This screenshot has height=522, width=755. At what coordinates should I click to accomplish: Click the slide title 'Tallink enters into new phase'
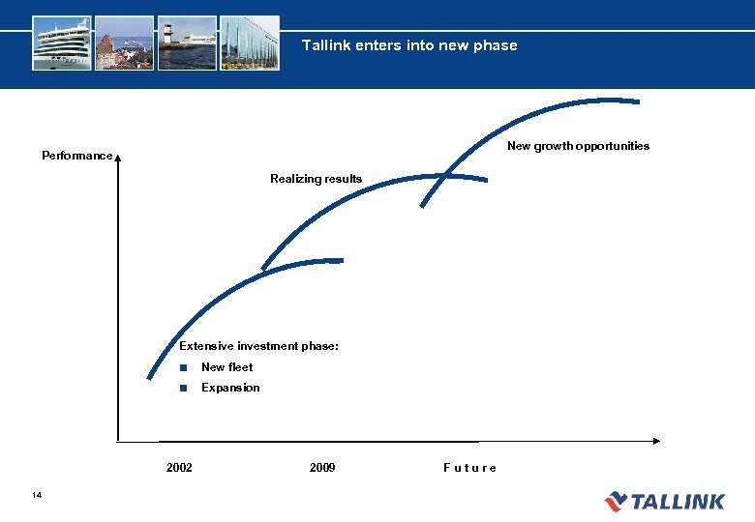pos(408,45)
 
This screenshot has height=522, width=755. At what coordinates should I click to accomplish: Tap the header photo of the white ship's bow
pos(62,43)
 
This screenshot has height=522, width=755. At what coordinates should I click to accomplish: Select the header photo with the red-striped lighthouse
pos(186,43)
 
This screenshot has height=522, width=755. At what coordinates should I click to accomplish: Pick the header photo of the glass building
pos(250,43)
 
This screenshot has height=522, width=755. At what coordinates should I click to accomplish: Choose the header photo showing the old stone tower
pos(125,43)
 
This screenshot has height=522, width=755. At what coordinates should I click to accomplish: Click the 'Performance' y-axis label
pos(76,156)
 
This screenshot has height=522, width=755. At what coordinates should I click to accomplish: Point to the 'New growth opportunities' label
pos(578,146)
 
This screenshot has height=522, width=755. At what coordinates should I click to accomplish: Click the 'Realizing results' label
pos(316,179)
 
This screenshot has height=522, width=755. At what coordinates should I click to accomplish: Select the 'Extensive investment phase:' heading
pos(258,346)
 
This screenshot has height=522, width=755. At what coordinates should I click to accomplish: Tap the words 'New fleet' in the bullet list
pos(226,367)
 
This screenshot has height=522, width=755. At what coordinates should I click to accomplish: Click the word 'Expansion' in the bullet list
pos(230,388)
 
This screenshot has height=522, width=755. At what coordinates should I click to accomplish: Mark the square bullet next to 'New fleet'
pos(182,367)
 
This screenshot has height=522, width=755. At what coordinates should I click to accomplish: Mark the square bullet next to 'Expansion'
pos(182,388)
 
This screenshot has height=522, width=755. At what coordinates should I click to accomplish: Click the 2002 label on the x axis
pos(179,468)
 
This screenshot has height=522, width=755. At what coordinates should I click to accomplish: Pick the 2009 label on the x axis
pos(322,468)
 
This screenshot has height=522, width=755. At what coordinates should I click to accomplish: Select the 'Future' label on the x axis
pos(469,468)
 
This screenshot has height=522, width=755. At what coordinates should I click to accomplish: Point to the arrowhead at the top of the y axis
pos(117,160)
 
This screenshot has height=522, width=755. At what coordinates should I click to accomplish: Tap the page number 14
pos(37,496)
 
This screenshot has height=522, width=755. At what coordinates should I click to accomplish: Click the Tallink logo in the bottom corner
pos(664,501)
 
